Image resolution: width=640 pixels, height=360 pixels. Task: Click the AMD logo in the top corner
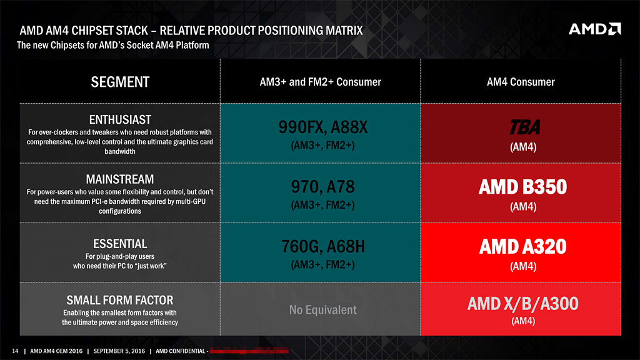[x=595, y=29]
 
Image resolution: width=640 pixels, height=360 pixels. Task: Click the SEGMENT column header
[x=120, y=82]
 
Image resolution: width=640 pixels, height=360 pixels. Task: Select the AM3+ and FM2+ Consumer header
[x=321, y=82]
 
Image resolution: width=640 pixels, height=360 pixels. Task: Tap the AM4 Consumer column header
[x=521, y=82]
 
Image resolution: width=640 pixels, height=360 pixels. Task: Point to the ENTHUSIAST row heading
[x=120, y=119]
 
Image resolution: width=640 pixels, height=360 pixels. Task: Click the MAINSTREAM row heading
[x=120, y=179]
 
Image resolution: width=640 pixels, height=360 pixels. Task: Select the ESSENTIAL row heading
[x=120, y=244]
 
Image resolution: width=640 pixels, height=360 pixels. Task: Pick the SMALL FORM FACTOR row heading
[x=120, y=300]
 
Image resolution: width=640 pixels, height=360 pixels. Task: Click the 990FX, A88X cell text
[x=323, y=127]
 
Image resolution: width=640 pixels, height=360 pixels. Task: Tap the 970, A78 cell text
[x=323, y=187]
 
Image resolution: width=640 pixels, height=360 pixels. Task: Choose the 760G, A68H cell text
[x=323, y=246]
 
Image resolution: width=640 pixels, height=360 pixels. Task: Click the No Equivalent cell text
[x=323, y=310]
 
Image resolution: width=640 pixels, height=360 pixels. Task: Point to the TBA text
[x=525, y=127]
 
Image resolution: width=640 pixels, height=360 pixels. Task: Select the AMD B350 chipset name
[x=523, y=187]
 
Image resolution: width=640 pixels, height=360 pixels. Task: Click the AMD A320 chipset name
[x=523, y=246]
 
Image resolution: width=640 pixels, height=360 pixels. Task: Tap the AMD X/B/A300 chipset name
[x=523, y=304]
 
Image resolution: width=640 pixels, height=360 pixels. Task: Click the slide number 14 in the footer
[x=15, y=351]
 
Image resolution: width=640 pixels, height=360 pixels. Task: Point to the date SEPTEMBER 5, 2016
[x=119, y=351]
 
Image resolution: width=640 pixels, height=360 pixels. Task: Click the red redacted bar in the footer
[x=249, y=351]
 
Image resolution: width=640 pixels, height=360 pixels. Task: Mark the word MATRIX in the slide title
[x=344, y=31]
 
